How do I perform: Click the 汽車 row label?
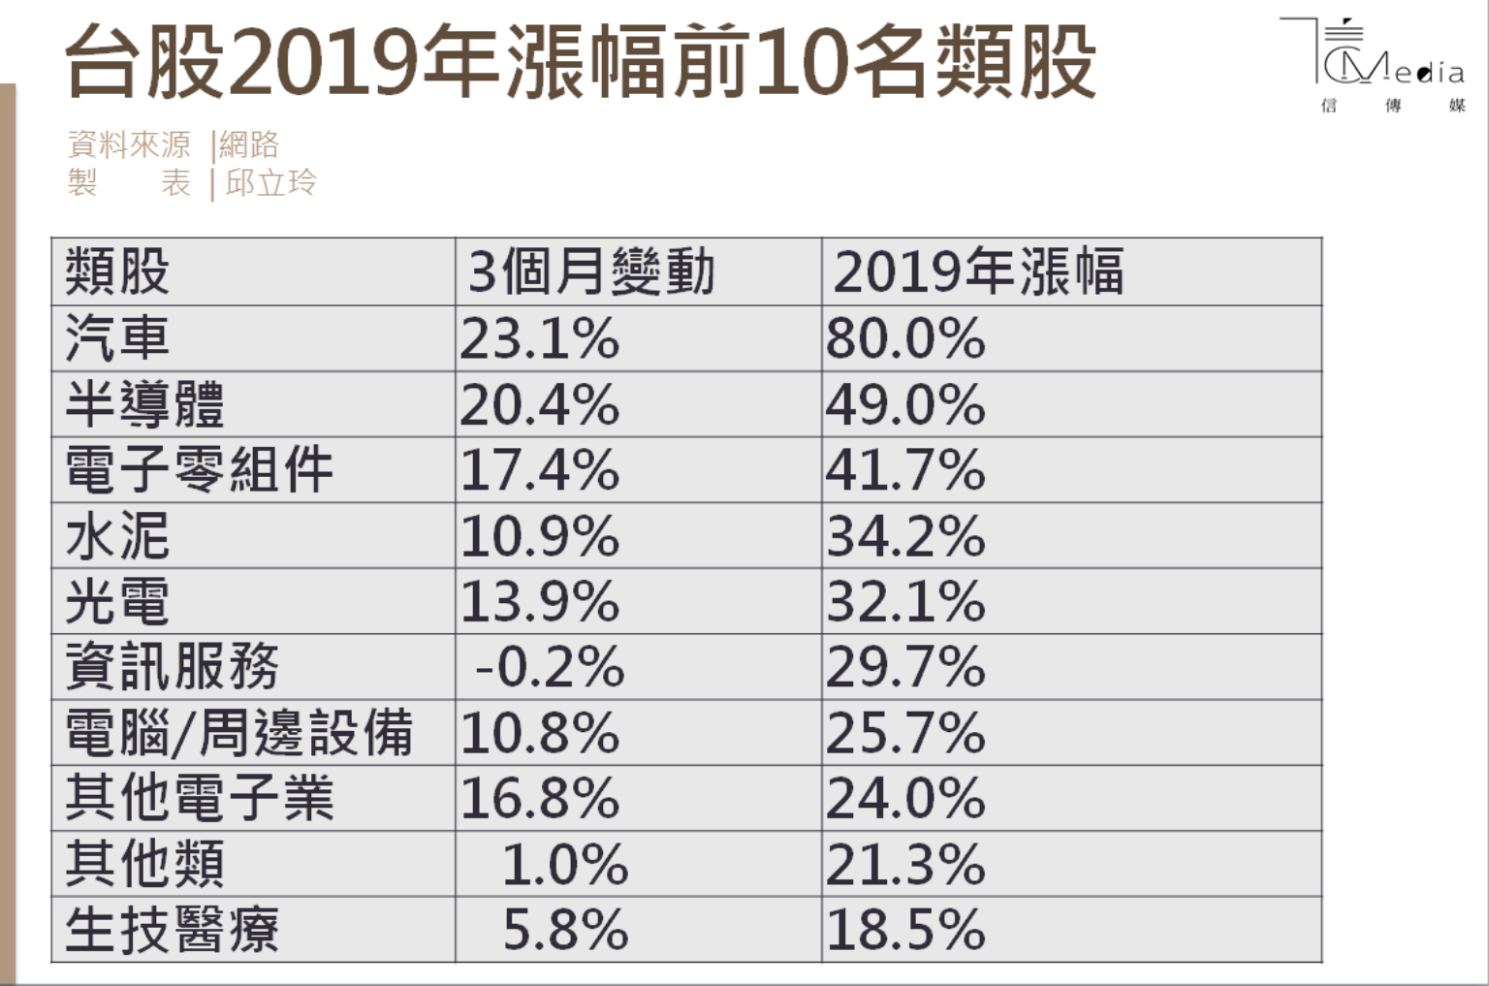click(x=117, y=339)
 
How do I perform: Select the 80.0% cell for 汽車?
click(x=905, y=339)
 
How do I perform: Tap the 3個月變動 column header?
click(x=591, y=272)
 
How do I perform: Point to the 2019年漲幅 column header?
click(x=978, y=272)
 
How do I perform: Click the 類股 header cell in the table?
click(x=117, y=272)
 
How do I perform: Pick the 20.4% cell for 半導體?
click(x=539, y=405)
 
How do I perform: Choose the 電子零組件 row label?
click(x=199, y=470)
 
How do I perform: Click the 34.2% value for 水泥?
click(x=905, y=536)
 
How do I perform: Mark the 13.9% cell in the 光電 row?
click(x=539, y=602)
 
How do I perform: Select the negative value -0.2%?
click(x=550, y=668)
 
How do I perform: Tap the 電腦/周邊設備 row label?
click(x=238, y=733)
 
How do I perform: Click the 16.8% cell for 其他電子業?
click(x=539, y=799)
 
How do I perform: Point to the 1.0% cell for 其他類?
click(x=564, y=865)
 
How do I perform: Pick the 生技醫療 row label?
click(x=172, y=930)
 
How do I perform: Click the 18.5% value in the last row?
click(x=905, y=930)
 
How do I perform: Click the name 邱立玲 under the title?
click(x=270, y=182)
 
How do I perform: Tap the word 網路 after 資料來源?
click(x=249, y=145)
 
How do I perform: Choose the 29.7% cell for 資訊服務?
click(x=905, y=668)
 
